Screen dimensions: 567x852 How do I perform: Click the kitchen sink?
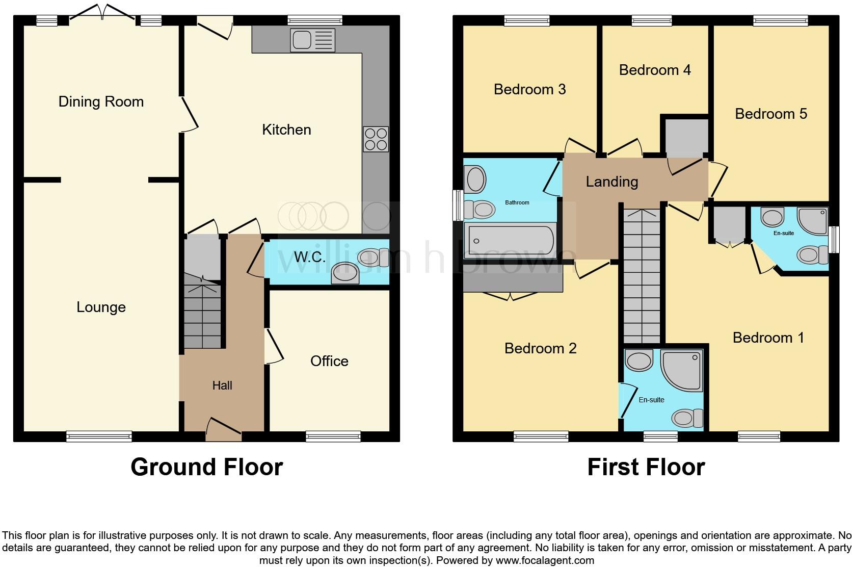(x=312, y=40)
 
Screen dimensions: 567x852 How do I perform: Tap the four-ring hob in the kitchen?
(x=376, y=139)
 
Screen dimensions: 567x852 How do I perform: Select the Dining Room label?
(x=101, y=101)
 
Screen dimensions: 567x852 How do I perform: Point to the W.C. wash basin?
(x=344, y=273)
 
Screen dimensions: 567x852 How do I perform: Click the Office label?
(x=329, y=361)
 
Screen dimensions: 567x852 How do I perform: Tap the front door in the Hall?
(x=223, y=429)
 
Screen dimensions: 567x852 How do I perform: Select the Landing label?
(x=611, y=182)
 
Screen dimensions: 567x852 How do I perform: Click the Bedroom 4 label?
(x=655, y=70)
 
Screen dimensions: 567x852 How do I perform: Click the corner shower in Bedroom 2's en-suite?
(x=681, y=370)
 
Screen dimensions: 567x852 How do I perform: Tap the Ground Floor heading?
(x=206, y=467)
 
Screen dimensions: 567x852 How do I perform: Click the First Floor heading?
(x=646, y=467)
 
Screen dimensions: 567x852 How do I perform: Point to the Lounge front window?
(x=99, y=436)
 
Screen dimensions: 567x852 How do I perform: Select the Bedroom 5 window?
(x=780, y=20)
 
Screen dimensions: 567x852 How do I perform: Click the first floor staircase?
(x=642, y=275)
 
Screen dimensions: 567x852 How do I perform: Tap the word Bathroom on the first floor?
(x=517, y=203)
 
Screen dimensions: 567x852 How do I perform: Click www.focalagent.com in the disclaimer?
(x=545, y=560)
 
